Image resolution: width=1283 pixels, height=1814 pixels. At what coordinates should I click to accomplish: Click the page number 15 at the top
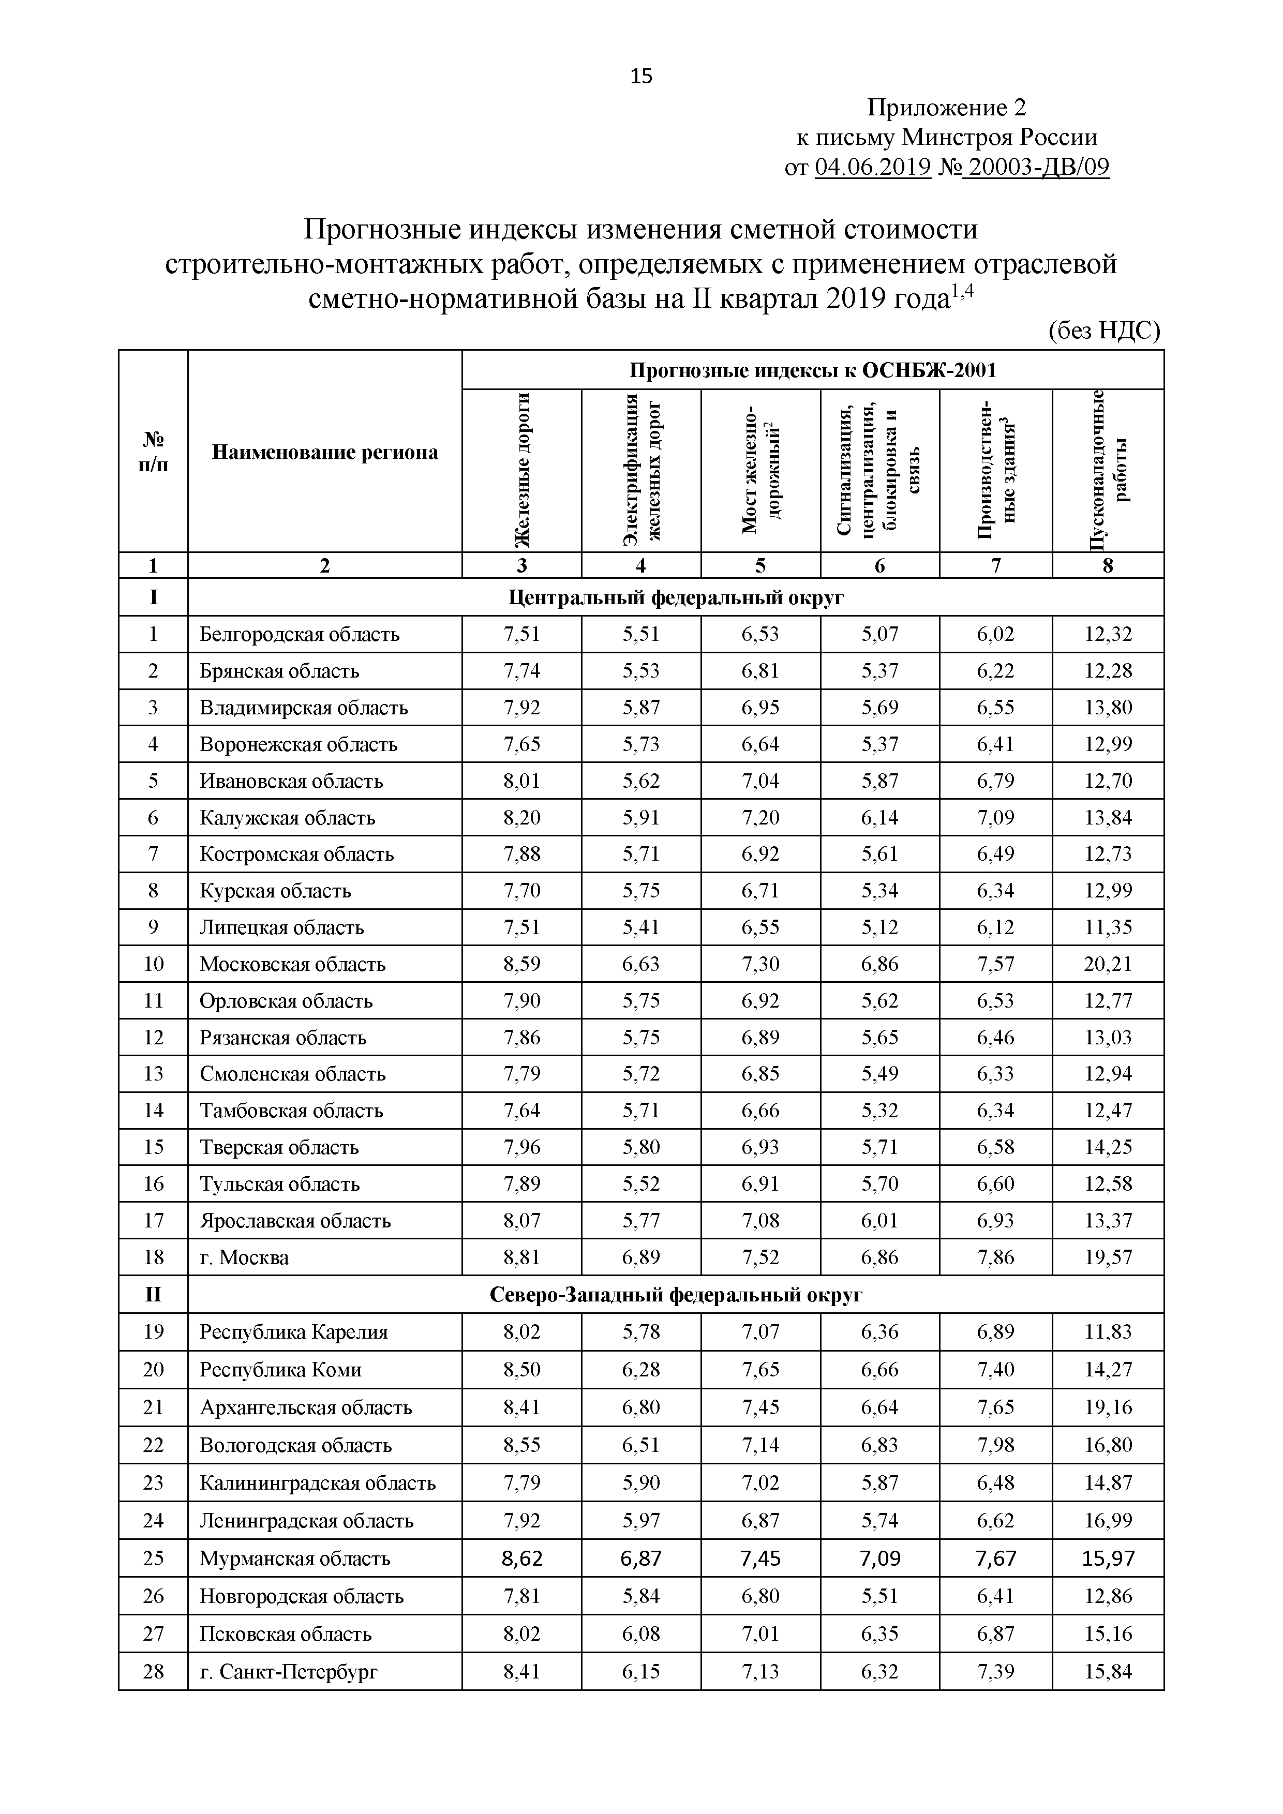[641, 76]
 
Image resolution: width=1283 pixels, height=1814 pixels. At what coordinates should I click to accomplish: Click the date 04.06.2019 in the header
[872, 168]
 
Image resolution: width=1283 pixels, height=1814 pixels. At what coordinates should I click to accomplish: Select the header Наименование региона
[325, 452]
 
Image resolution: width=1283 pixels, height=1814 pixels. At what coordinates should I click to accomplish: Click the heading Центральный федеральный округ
[676, 597]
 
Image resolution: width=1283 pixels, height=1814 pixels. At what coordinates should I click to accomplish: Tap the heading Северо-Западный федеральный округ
[676, 1295]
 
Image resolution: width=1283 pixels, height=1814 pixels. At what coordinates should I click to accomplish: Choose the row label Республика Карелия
[293, 1332]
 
